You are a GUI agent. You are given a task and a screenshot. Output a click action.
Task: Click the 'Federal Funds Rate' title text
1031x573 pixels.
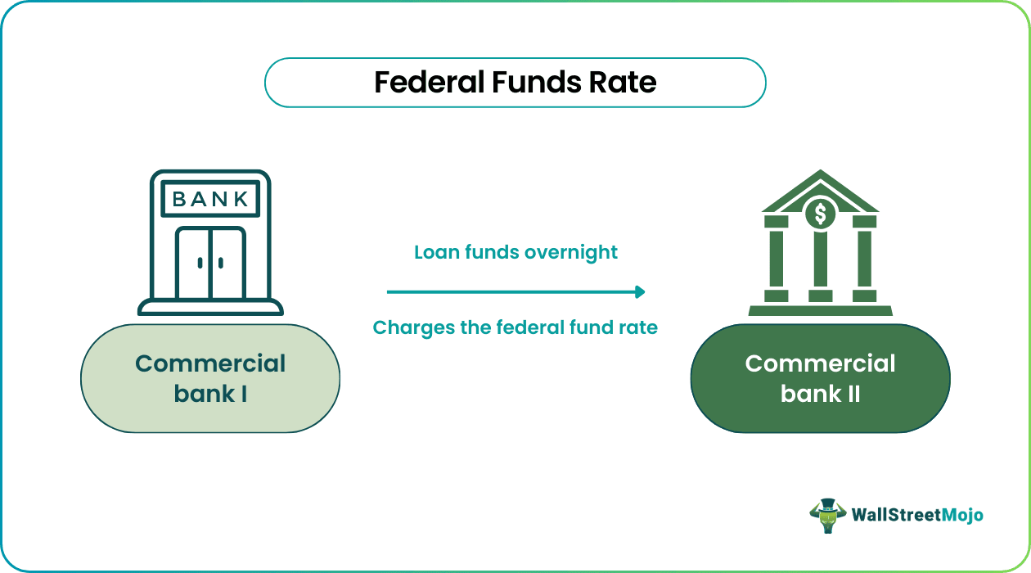tap(515, 83)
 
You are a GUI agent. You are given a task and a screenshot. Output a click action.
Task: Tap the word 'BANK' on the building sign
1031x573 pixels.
tap(210, 199)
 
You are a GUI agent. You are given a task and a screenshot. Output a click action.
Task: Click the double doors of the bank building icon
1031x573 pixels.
tap(210, 262)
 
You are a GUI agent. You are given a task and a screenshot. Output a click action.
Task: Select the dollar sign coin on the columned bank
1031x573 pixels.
tap(820, 214)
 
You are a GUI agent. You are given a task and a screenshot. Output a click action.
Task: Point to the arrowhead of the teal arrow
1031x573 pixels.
tap(641, 291)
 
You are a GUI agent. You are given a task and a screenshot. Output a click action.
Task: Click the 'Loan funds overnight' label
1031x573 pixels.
tap(515, 252)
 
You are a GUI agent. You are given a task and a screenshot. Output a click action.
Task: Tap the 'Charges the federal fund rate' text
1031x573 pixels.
tap(515, 328)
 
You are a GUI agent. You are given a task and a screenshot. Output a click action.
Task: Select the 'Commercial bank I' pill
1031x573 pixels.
tap(210, 378)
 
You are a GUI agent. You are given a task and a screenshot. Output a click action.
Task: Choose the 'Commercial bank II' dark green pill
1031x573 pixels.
tap(820, 378)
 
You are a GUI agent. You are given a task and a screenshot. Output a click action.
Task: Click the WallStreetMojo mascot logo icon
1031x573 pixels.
tap(826, 515)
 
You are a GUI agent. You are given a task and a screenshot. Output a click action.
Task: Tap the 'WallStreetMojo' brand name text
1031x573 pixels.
tap(916, 515)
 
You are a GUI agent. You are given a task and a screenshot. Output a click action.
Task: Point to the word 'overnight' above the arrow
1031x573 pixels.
tap(574, 252)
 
